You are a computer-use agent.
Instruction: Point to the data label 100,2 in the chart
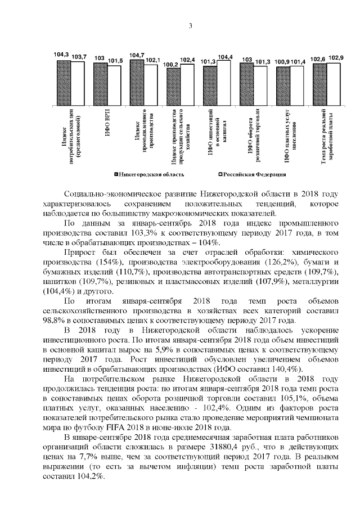(x=172, y=65)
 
